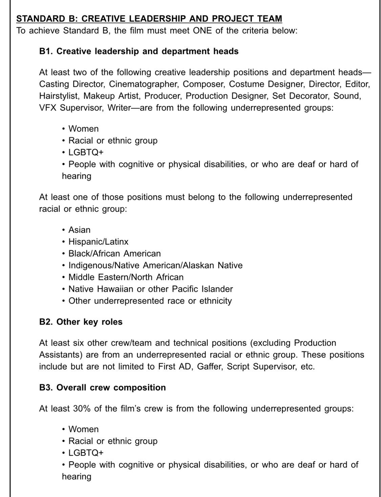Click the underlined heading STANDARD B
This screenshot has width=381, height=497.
[149, 19]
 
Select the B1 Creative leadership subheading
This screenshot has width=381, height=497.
[139, 51]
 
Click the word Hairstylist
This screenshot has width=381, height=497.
[59, 96]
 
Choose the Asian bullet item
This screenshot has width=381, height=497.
[79, 230]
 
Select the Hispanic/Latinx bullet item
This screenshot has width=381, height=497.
[98, 242]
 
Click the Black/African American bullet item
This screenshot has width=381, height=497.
[114, 253]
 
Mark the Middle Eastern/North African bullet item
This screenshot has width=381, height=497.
[126, 277]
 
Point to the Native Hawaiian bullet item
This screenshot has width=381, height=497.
[150, 289]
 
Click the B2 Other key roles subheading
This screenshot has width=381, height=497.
[81, 322]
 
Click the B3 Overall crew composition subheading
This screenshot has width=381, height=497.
[103, 387]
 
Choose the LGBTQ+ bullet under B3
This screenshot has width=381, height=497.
[86, 453]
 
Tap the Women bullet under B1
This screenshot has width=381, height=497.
[83, 129]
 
